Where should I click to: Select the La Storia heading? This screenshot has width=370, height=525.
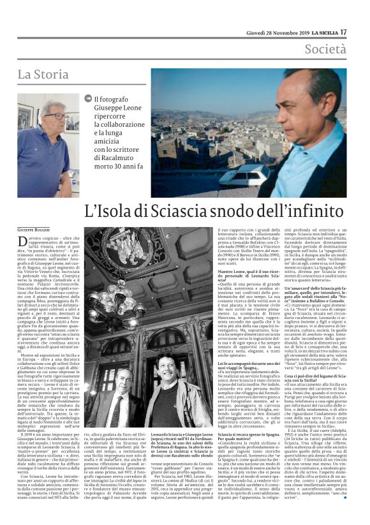[x=43, y=75]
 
